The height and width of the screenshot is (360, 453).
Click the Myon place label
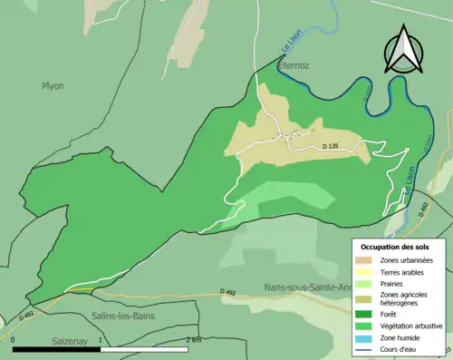coord(53,86)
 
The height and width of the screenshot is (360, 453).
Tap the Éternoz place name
coord(294,66)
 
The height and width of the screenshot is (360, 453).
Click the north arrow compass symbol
coord(403,50)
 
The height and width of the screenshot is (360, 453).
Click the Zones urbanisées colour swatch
coord(366,261)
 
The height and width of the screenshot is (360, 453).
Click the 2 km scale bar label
coord(192,340)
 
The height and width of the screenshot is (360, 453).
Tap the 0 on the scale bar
coord(14,340)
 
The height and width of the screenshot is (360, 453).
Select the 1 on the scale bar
coord(103,340)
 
